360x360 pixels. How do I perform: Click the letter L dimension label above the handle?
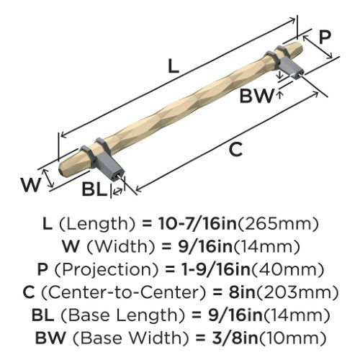pyautogui.click(x=174, y=66)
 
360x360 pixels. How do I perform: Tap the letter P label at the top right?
pyautogui.click(x=325, y=37)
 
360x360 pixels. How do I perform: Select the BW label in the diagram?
pyautogui.click(x=256, y=96)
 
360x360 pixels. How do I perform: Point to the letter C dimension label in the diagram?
pyautogui.click(x=235, y=149)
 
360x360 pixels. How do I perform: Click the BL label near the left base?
pyautogui.click(x=94, y=189)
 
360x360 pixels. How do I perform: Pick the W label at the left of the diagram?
pyautogui.click(x=30, y=185)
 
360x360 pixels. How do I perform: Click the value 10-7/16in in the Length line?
pyautogui.click(x=197, y=224)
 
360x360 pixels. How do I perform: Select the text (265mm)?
pyautogui.click(x=278, y=224)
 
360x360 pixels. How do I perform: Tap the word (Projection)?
pyautogui.click(x=107, y=270)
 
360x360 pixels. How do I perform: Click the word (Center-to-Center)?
pyautogui.click(x=124, y=292)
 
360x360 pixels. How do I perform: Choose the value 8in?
pyautogui.click(x=242, y=292)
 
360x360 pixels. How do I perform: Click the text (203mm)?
pyautogui.click(x=297, y=293)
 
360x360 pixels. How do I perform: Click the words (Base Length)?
pyautogui.click(x=123, y=315)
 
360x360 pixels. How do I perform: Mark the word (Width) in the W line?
pyautogui.click(x=121, y=247)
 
